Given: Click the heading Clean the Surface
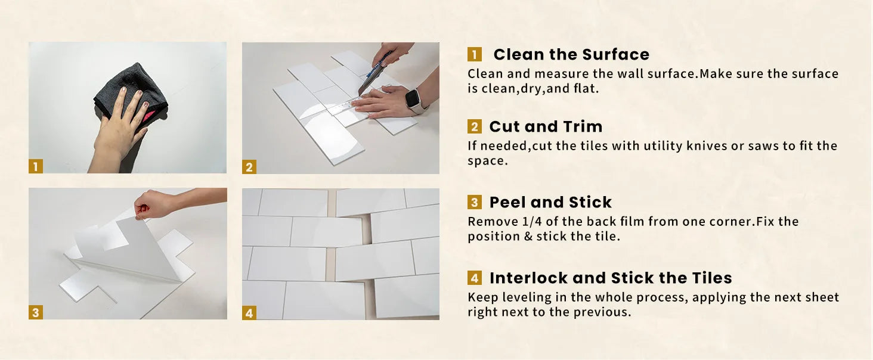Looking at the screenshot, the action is [x=571, y=55].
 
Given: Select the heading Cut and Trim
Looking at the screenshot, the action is [x=546, y=126].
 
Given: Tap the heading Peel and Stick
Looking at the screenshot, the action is [x=550, y=202].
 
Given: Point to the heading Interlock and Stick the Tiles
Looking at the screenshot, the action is [x=611, y=278].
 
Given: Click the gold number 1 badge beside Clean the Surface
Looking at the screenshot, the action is [x=474, y=55].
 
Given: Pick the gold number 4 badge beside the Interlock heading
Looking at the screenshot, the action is [x=474, y=278].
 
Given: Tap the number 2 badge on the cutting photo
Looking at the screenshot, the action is [x=249, y=167].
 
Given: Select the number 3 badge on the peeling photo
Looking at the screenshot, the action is [x=35, y=312].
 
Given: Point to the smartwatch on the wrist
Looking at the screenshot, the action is [x=414, y=100].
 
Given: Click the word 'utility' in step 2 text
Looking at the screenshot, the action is [x=663, y=146].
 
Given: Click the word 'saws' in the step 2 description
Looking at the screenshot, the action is [x=762, y=146].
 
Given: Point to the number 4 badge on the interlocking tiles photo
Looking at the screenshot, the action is [x=249, y=313].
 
